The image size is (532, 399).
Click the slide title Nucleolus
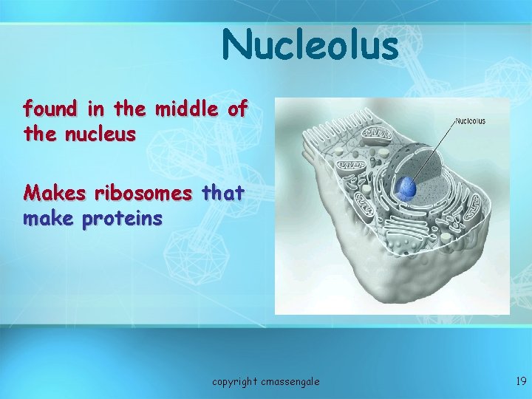point(310,45)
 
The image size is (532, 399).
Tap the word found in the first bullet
point(50,109)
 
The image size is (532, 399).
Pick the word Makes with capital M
point(50,194)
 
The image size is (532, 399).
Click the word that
point(222,194)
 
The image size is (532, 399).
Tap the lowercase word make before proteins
point(49,219)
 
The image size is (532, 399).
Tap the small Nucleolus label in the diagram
point(470,121)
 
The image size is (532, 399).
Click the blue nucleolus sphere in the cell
point(406,190)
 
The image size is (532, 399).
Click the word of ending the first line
point(237,109)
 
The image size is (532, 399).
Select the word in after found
point(95,109)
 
